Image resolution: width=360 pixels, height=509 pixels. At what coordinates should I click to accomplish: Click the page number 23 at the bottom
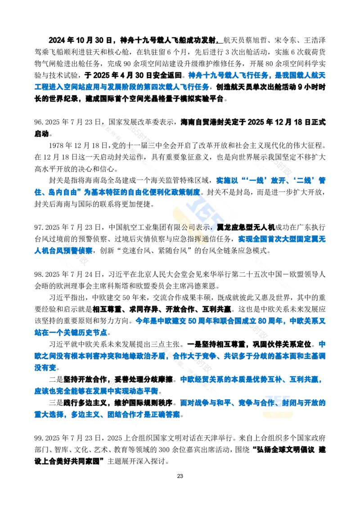pos(180,476)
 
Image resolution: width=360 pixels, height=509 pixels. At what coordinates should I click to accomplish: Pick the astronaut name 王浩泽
pos(315,40)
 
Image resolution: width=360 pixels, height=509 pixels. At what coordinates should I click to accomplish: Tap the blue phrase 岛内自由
pos(62,192)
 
